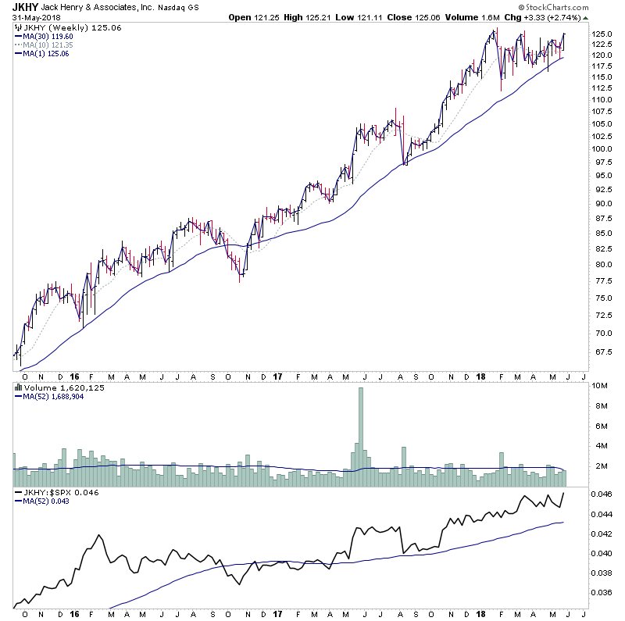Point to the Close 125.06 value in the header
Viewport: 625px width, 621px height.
[409, 17]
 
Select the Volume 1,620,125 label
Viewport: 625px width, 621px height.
[53, 387]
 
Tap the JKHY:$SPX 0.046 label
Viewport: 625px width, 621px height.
[53, 494]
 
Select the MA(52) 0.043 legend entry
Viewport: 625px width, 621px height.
[49, 502]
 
